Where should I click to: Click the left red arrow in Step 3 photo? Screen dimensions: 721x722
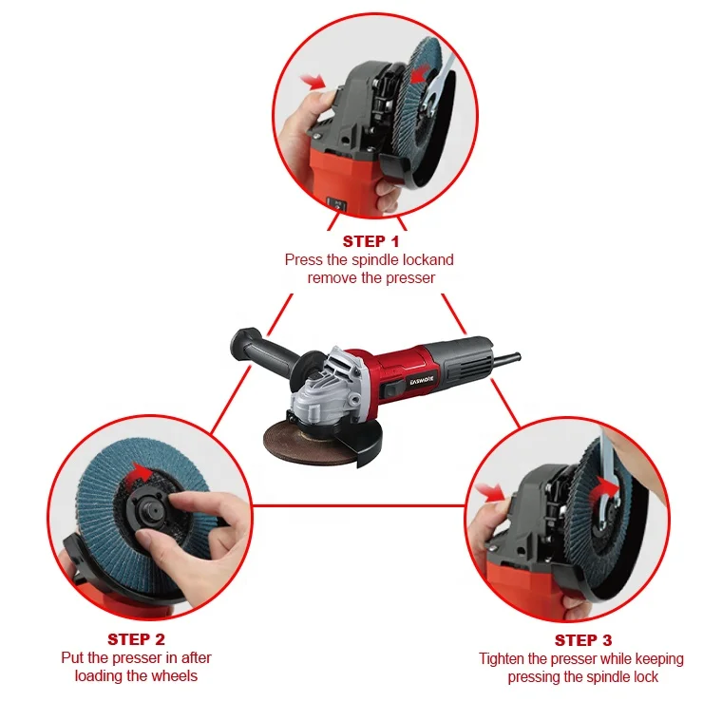492,491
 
